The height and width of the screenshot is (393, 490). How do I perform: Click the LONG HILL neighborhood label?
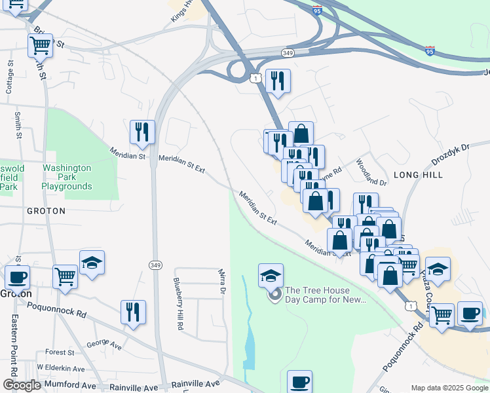tap(418, 175)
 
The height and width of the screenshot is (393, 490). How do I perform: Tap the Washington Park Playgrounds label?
tap(67, 177)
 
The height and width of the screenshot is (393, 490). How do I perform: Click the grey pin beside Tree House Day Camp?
tap(275, 295)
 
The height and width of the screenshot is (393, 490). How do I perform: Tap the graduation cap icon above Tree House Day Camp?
tap(271, 276)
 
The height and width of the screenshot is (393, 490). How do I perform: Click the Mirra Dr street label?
tap(223, 280)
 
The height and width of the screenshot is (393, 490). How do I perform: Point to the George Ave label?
tap(105, 343)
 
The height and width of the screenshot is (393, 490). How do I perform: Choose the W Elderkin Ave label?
tap(61, 369)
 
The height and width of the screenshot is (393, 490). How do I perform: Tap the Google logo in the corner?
tap(22, 385)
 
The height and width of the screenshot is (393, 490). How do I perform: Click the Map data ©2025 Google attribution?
tap(449, 387)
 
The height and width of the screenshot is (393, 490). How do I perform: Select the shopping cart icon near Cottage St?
tap(41, 47)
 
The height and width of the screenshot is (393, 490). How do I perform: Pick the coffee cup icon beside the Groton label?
tap(17, 278)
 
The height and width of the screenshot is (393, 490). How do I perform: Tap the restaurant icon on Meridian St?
tap(142, 132)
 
